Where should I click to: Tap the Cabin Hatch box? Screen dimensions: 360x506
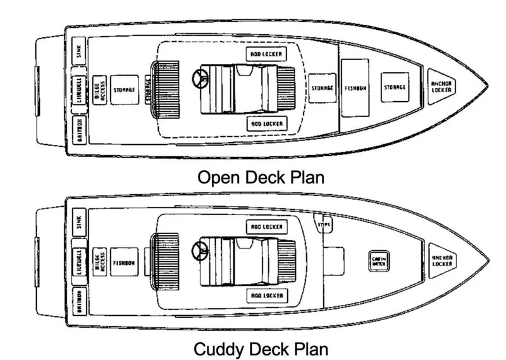[379, 261]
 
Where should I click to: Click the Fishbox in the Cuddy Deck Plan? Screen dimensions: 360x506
[124, 262]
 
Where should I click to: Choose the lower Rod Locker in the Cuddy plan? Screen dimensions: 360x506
[265, 295]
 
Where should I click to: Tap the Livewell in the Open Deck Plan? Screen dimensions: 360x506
[77, 88]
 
